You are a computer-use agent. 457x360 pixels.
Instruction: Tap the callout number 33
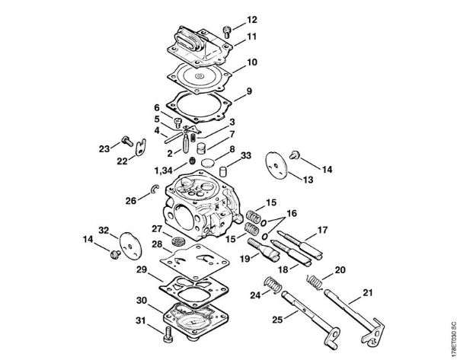244,155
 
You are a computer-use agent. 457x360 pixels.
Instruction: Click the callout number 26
131,201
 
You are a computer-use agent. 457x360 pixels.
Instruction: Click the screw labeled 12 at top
227,30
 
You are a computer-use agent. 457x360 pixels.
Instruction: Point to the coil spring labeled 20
314,282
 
